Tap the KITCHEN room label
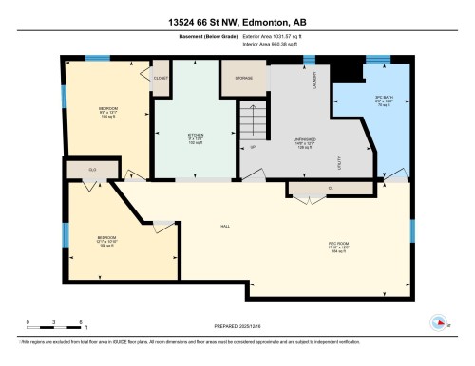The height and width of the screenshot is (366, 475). (x=196, y=136)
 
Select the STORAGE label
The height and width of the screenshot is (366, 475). (x=232, y=78)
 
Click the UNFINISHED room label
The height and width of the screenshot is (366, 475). (x=304, y=138)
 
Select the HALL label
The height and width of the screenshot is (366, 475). (x=225, y=226)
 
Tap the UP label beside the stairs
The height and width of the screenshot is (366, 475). (x=253, y=148)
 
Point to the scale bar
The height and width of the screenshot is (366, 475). (x=54, y=318)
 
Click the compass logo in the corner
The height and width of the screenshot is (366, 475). (x=438, y=320)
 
